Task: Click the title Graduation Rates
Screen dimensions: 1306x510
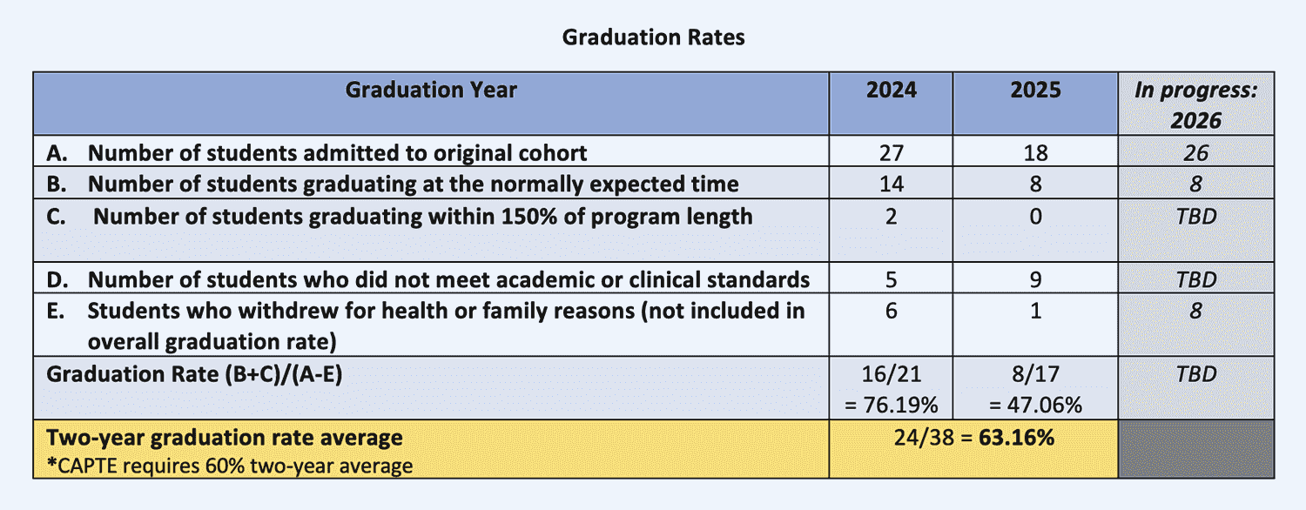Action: (x=653, y=37)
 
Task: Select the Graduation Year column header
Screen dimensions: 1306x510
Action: (x=431, y=90)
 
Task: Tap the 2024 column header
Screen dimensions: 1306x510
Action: (x=891, y=90)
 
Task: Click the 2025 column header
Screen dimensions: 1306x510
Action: (x=1035, y=90)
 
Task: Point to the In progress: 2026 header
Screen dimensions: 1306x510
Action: (x=1195, y=105)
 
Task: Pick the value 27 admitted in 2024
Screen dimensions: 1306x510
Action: (x=891, y=152)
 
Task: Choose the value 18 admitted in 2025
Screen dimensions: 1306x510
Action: (x=1035, y=152)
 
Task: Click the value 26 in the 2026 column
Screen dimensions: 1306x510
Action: (x=1195, y=152)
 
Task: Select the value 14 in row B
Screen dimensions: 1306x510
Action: (x=891, y=185)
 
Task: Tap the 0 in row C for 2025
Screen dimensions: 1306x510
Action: (x=1035, y=216)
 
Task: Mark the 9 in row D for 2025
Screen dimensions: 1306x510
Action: (x=1035, y=279)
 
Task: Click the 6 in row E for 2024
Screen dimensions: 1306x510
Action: (x=891, y=311)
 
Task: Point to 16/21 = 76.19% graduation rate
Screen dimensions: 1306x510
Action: (x=891, y=389)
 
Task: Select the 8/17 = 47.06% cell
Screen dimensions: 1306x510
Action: (x=1035, y=389)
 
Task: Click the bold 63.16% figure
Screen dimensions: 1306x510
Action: (x=1016, y=437)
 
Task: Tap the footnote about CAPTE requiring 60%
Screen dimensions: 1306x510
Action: (x=230, y=466)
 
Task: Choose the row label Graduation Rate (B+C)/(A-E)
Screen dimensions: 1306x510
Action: (x=194, y=374)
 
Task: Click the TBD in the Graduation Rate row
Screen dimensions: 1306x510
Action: (x=1195, y=374)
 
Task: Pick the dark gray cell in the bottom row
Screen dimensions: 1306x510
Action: (x=1195, y=449)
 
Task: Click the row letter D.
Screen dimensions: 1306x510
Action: (x=57, y=279)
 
